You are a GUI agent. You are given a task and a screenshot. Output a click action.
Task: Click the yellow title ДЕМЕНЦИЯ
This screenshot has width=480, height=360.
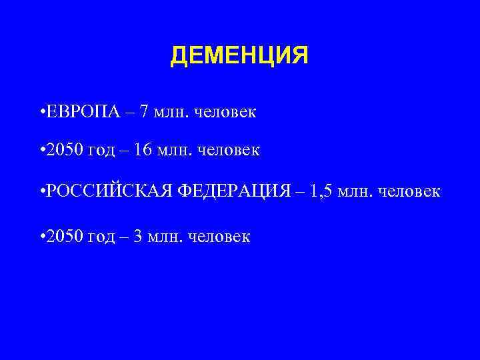[239, 56]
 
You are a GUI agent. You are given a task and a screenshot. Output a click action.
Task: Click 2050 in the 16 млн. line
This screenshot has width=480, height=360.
[63, 151]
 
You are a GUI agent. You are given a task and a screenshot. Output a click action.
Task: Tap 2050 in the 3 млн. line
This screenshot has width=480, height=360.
[63, 236]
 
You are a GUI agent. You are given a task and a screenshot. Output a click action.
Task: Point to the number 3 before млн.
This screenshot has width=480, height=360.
[138, 236]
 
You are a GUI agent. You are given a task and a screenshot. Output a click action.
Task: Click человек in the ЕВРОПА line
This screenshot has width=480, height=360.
[225, 111]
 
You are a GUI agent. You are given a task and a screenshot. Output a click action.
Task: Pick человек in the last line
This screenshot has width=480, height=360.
[219, 237]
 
